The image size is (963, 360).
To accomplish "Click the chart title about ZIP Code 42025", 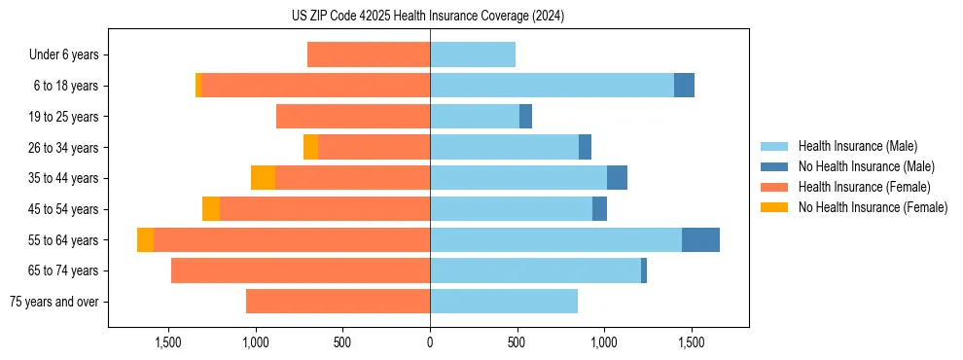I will click(428, 16).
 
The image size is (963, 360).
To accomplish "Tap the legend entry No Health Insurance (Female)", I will click(873, 207).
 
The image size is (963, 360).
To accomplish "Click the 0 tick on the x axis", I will click(430, 342).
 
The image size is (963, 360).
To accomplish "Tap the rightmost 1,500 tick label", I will click(691, 342).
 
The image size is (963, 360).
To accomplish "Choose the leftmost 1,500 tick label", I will click(168, 342).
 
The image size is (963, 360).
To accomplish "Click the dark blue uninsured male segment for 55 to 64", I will click(700, 239).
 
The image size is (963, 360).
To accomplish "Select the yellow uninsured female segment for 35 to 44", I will click(263, 178).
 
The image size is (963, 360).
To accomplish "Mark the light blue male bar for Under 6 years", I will click(473, 55).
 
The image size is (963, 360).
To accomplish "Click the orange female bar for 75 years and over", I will click(338, 302).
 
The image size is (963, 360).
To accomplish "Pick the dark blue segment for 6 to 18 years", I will click(684, 86).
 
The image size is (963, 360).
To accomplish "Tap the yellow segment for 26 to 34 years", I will click(310, 147).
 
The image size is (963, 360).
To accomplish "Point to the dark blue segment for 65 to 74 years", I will click(644, 270).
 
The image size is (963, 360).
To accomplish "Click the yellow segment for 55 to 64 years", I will click(145, 239).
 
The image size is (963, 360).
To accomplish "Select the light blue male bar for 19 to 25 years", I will click(475, 117).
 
